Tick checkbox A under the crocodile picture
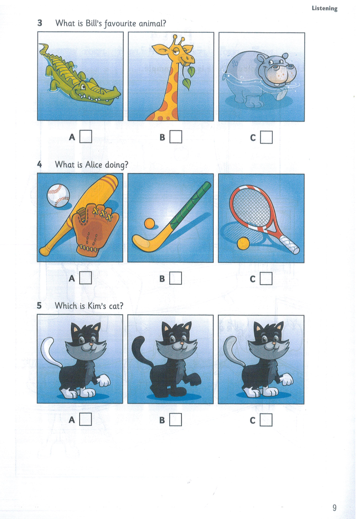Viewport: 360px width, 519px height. (86, 137)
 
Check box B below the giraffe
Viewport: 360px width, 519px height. (176, 137)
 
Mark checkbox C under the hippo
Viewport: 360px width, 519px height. (266, 138)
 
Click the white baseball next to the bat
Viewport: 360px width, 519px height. (58, 196)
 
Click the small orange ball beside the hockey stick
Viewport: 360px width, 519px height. (150, 224)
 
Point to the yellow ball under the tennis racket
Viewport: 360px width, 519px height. (243, 243)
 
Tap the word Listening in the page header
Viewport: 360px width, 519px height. (324, 8)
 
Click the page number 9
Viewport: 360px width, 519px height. (334, 508)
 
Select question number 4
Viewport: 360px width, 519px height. (40, 165)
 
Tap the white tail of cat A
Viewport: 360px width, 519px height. (47, 349)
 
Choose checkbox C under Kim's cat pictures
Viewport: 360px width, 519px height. (266, 420)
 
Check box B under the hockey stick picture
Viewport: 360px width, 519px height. (176, 278)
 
